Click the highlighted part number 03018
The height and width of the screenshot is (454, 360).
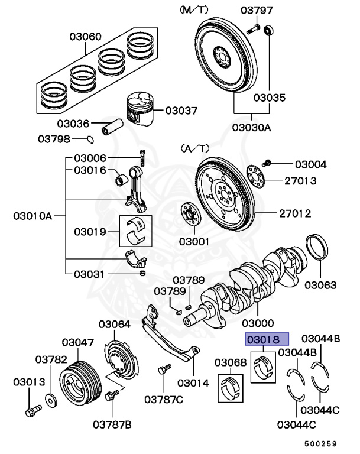[x=267, y=339]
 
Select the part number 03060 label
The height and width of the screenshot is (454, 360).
[x=85, y=37]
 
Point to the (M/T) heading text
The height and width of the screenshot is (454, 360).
[x=194, y=10]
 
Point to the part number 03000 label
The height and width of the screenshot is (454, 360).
[x=258, y=323]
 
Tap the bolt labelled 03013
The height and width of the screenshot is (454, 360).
[x=32, y=410]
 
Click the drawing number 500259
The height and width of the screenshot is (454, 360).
[x=320, y=443]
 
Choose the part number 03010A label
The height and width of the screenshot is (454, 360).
[x=33, y=216]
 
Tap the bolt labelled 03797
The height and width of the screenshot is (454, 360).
[x=254, y=28]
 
